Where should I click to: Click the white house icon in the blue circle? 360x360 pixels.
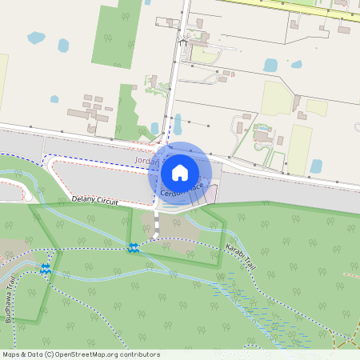pyautogui.click(x=180, y=171)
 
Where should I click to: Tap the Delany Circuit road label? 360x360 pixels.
pyautogui.click(x=95, y=199)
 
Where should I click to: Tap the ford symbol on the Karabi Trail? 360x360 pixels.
pyautogui.click(x=134, y=249)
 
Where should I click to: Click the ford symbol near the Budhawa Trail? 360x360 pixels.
pyautogui.click(x=46, y=270)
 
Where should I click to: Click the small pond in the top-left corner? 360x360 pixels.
pyautogui.click(x=37, y=38)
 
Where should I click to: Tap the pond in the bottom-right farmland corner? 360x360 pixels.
pyautogui.click(x=316, y=166)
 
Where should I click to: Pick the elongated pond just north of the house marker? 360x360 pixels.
pyautogui.click(x=178, y=124)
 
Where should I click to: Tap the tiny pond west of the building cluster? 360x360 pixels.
pyautogui.click(x=54, y=99)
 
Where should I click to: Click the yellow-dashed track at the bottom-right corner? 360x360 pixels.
pyautogui.click(x=347, y=339)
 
